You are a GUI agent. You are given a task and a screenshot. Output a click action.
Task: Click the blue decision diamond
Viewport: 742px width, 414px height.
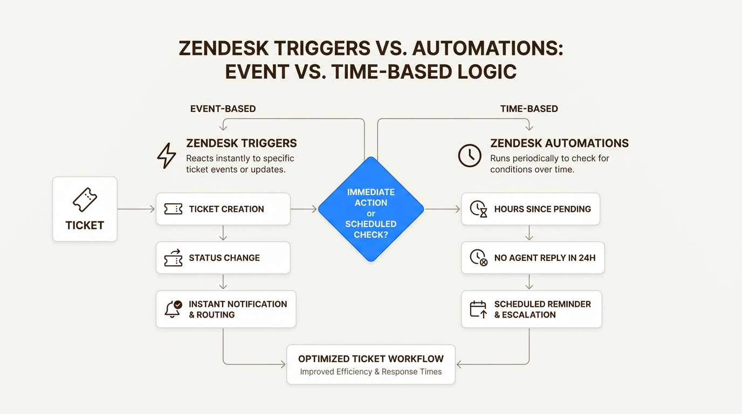(x=371, y=209)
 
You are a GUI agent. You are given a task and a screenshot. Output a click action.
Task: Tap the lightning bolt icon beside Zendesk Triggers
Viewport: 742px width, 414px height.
(x=166, y=156)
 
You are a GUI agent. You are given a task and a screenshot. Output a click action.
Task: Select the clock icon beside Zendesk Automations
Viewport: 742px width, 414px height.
(x=470, y=155)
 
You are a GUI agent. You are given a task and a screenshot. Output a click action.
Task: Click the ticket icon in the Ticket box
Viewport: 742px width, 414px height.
(x=85, y=199)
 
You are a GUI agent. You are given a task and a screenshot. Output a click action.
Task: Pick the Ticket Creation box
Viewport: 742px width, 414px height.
(x=223, y=209)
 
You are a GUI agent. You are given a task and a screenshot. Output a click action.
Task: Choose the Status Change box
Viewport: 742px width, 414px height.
(x=223, y=258)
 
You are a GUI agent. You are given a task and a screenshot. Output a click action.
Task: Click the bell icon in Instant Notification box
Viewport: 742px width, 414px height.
(x=173, y=309)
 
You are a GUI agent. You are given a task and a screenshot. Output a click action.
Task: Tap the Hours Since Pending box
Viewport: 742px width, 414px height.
(x=530, y=209)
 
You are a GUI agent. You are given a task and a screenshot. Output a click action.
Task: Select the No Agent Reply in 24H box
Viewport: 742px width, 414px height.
(x=533, y=258)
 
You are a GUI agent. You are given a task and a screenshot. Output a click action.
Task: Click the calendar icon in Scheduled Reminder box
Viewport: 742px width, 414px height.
(x=478, y=309)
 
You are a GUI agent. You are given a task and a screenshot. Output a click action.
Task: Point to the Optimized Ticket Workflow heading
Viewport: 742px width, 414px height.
(x=370, y=358)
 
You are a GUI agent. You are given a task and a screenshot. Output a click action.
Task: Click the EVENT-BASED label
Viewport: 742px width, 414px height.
(x=223, y=109)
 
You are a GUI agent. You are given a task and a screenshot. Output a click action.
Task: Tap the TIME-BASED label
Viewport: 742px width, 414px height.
(x=529, y=109)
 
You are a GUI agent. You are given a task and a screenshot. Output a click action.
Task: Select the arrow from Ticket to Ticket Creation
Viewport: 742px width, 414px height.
(x=136, y=209)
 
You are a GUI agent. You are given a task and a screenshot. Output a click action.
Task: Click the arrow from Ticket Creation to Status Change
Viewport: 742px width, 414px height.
(x=223, y=233)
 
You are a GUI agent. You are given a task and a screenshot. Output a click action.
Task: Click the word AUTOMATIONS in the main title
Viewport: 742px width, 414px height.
(x=487, y=49)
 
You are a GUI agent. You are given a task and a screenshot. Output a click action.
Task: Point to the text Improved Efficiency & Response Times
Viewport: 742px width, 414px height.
(x=370, y=371)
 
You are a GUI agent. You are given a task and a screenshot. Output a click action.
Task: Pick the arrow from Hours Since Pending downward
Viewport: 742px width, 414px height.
(x=530, y=233)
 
